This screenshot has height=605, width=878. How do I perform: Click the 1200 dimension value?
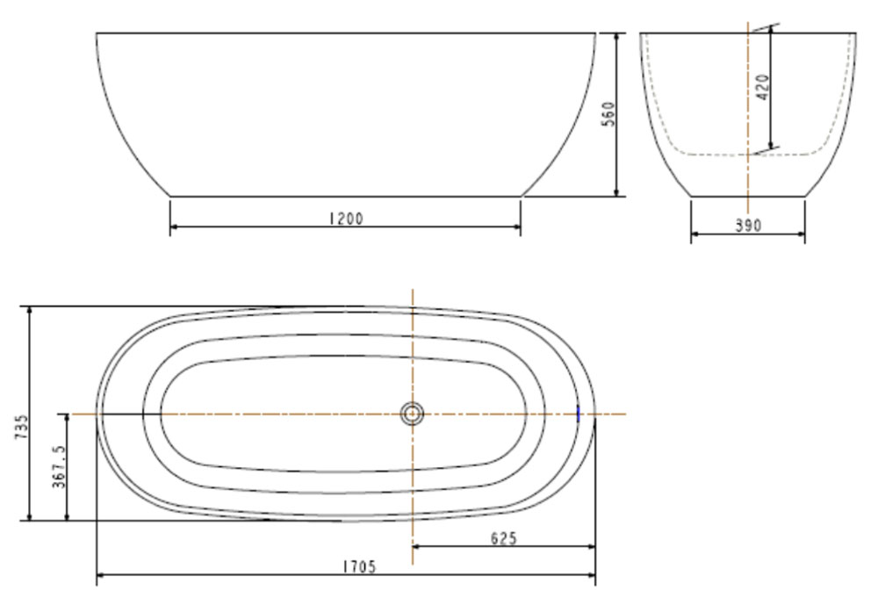(x=345, y=219)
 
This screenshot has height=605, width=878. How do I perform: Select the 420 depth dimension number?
(x=763, y=88)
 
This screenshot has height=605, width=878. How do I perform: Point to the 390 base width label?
(x=748, y=226)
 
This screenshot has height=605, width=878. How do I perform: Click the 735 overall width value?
(x=22, y=428)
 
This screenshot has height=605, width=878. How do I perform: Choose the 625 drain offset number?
(x=503, y=538)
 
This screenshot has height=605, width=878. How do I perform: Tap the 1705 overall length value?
(x=358, y=567)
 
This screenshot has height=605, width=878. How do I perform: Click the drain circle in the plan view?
(x=412, y=413)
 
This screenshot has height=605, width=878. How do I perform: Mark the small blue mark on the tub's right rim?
(x=579, y=414)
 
